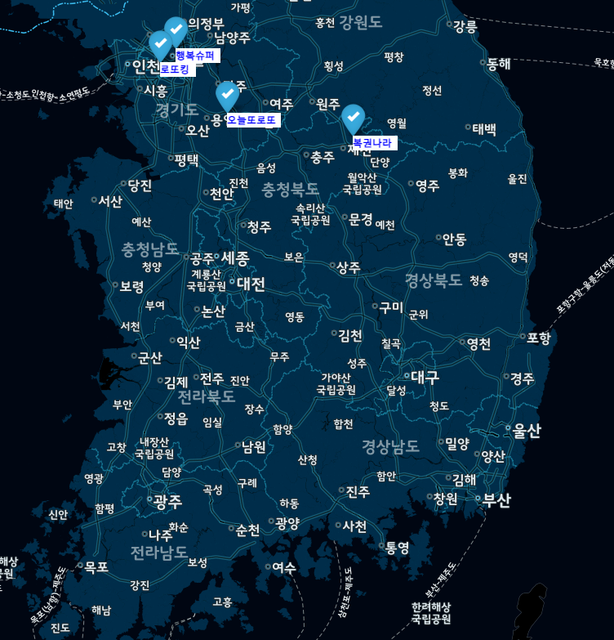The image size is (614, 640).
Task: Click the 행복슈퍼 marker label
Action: pos(195,56)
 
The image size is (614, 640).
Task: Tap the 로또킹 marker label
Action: pos(175,69)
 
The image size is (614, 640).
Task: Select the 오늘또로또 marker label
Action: pos(251,120)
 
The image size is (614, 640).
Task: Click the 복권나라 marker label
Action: pos(372,143)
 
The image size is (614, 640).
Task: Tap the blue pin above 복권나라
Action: pos(353,118)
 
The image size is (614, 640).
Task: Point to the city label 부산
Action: pos(496,500)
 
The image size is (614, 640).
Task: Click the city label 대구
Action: pos(425,377)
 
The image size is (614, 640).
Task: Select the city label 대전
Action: pos(251,284)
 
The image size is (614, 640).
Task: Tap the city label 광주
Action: pos(167,501)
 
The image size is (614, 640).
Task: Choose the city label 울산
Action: pos(527,431)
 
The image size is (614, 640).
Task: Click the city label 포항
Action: pos(539,337)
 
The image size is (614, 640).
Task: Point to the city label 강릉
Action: pos(465,26)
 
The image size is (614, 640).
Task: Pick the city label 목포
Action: pos(96,566)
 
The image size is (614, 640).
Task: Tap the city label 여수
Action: pos(284,566)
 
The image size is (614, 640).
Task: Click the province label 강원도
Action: pos(360,21)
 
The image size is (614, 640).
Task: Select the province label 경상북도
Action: pos(434,280)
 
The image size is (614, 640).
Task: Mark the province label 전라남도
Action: pos(158,553)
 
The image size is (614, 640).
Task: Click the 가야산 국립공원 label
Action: pos(336,383)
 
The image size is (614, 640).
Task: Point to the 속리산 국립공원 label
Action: pos(310,214)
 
